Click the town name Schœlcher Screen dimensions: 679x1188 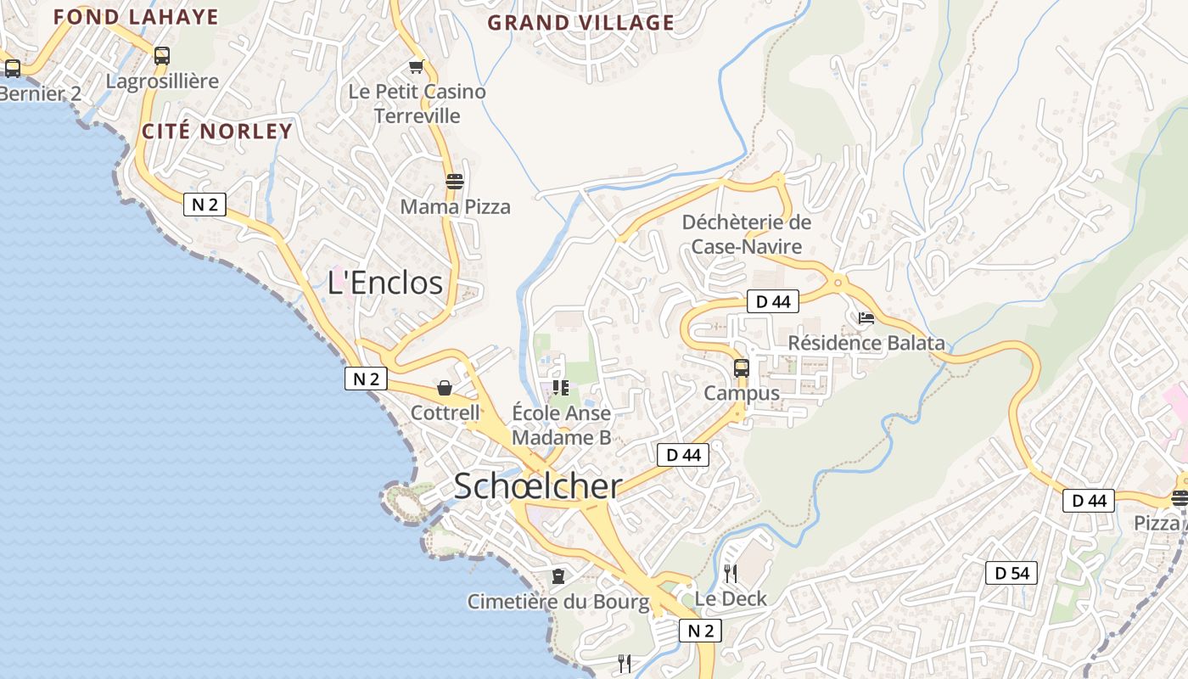coord(538,486)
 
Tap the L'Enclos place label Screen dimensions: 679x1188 coord(385,283)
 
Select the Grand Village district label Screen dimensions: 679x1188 coord(580,23)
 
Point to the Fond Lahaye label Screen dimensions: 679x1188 coord(136,17)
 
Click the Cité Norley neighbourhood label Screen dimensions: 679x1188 coord(216,132)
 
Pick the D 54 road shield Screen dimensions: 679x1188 coord(1011,573)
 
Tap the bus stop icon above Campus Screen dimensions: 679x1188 coord(741,368)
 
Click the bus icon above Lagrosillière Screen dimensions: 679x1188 coord(161,56)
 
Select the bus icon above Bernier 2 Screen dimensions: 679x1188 coord(12,69)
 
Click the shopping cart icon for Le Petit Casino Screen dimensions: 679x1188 coord(416,66)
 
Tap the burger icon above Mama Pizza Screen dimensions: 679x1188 coord(455,181)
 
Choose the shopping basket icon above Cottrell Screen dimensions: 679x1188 coord(444,388)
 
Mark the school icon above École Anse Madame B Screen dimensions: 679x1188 coord(560,388)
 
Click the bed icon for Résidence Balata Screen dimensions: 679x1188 coord(866,318)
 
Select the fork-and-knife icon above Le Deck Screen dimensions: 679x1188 coord(730,574)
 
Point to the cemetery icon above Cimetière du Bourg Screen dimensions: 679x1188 coord(558,576)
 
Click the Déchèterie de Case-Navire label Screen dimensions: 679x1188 coord(747,234)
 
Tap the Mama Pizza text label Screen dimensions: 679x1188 coord(455,206)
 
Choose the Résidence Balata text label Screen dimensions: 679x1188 coord(866,343)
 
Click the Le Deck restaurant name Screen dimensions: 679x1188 coord(731,598)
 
